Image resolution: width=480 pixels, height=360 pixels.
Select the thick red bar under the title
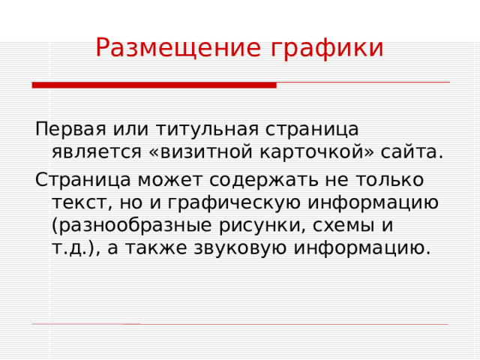(x=154, y=85)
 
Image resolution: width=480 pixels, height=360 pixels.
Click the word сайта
(x=412, y=151)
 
